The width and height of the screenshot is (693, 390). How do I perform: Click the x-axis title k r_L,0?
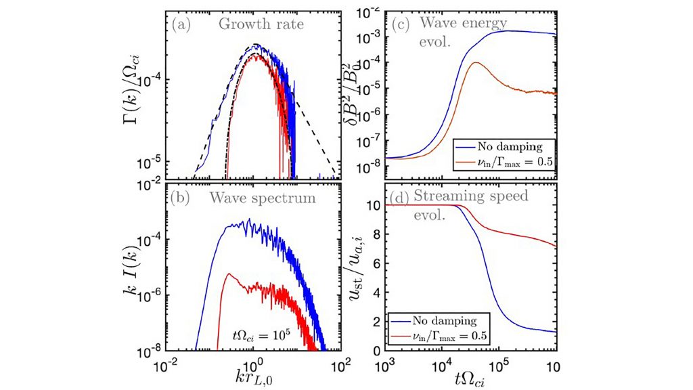pyautogui.click(x=254, y=375)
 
